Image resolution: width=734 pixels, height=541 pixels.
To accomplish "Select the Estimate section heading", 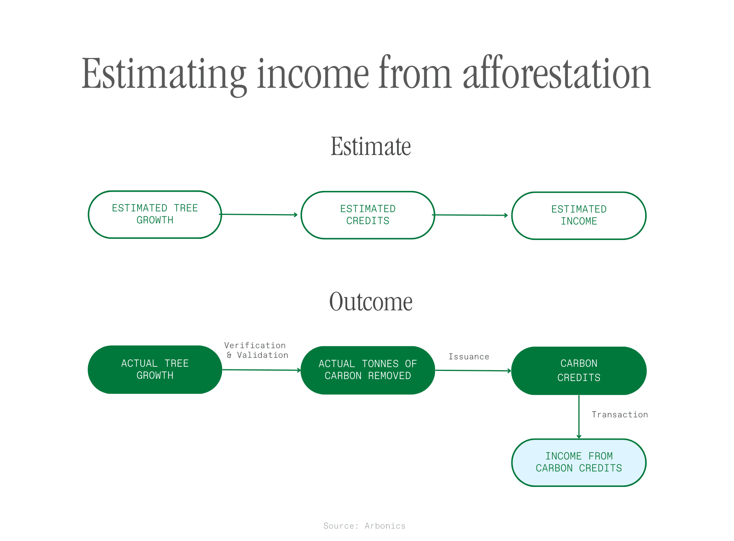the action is tap(370, 146).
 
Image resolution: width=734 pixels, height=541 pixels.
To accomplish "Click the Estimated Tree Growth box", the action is tap(155, 214).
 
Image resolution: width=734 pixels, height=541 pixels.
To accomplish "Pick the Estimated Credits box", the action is tap(368, 215).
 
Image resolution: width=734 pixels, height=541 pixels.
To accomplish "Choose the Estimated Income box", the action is tap(579, 216).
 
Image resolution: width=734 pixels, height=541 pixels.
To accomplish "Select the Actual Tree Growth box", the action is tap(155, 370).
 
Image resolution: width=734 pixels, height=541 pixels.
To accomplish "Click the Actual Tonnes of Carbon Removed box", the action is tap(368, 370).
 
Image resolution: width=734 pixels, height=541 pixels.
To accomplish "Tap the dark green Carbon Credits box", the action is tap(579, 371).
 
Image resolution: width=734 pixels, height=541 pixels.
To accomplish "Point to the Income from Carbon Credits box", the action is tap(579, 463).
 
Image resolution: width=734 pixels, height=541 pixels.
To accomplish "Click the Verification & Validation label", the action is tap(256, 350).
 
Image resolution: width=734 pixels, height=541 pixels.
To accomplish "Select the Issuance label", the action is tap(469, 357).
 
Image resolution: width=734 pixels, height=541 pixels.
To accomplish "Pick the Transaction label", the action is tap(620, 415).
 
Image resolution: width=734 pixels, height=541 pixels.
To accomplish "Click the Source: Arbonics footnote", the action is tap(364, 526).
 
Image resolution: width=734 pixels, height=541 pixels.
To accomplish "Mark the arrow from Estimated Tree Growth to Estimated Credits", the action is tap(258, 214).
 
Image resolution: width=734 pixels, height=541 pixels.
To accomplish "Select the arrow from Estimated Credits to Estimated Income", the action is tap(470, 215).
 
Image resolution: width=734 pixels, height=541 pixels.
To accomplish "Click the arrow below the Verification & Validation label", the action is tap(262, 370).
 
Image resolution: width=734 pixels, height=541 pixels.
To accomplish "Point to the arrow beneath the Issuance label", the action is tap(473, 371).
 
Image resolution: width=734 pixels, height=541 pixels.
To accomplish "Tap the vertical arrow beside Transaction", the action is tap(579, 417).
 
